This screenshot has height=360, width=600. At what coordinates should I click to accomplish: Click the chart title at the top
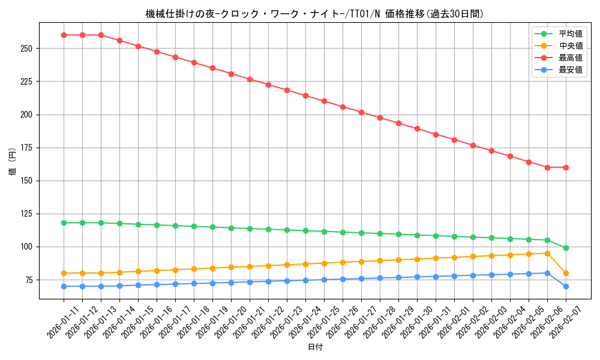[x=314, y=14]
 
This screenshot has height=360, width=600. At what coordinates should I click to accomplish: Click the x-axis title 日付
[x=314, y=347]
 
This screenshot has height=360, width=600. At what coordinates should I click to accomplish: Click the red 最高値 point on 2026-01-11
[x=64, y=35]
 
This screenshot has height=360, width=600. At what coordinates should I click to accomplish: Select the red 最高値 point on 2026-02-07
[x=566, y=167]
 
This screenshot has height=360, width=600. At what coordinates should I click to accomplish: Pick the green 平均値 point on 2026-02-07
[x=566, y=248]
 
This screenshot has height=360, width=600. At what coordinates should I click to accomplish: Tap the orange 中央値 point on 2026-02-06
[x=547, y=253]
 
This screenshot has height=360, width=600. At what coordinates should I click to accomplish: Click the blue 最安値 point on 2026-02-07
[x=566, y=286]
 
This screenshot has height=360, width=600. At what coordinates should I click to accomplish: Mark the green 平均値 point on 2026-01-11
[x=64, y=223]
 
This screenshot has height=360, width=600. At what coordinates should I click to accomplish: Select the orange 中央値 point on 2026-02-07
[x=566, y=273]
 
